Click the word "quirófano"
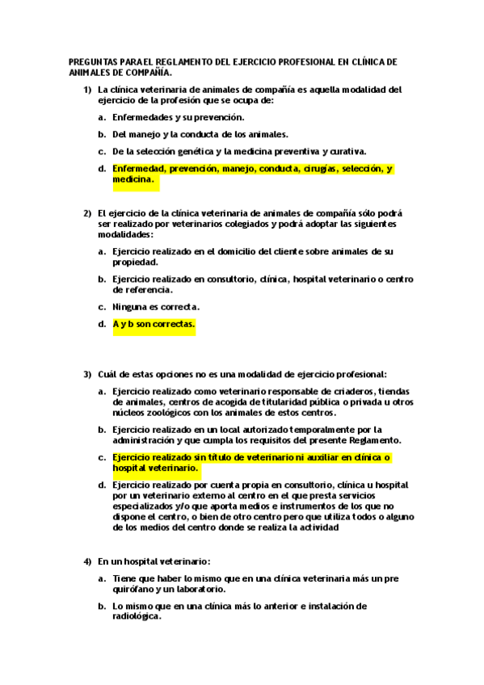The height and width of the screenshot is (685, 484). pyautogui.click(x=135, y=589)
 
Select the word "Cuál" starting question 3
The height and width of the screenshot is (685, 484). pyautogui.click(x=108, y=374)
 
